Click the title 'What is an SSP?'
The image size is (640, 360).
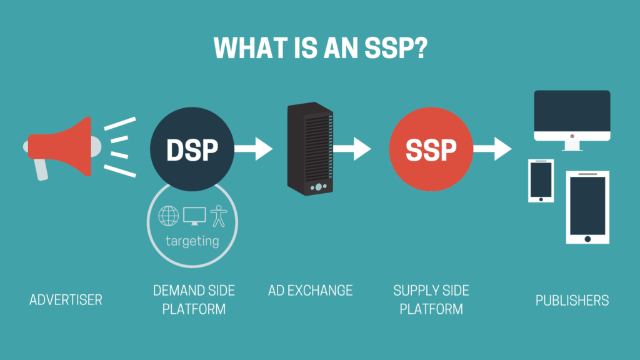[x=319, y=48]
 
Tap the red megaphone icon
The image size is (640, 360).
[x=59, y=146]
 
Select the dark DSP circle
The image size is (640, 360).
[x=192, y=149]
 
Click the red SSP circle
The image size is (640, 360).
[x=431, y=149]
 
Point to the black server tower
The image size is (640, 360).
[x=309, y=148]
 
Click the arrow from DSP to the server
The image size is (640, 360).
[x=254, y=149]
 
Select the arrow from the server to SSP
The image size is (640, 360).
[x=353, y=149]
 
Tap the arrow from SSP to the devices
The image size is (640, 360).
[x=494, y=149]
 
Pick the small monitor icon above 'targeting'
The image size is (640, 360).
[x=194, y=216]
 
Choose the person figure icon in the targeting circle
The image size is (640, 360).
[x=219, y=216]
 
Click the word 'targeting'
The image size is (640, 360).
[x=192, y=241]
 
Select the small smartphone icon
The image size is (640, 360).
[x=541, y=181]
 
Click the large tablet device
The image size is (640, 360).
[x=587, y=207]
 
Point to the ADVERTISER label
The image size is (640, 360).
[x=66, y=300]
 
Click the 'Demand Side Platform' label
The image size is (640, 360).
[x=194, y=299]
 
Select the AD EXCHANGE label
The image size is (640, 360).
[x=310, y=290]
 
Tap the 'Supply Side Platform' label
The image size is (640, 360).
[x=431, y=299]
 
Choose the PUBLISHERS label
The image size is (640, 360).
[x=572, y=300]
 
